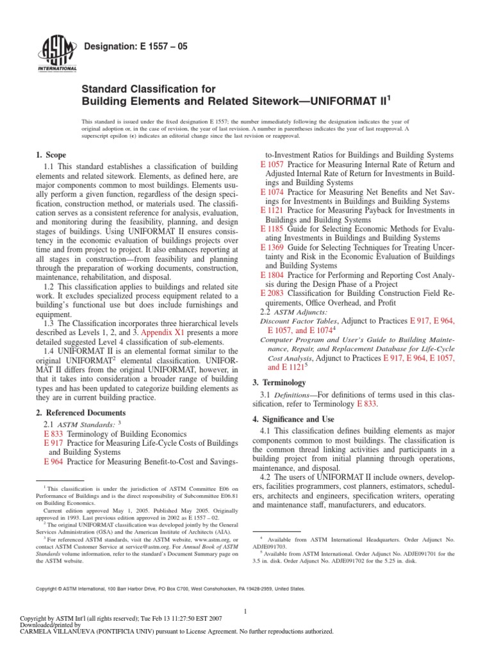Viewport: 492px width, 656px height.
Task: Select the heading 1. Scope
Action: click(x=51, y=155)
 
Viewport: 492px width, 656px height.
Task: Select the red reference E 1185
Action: click(x=272, y=228)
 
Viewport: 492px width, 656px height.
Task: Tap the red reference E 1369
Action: click(x=272, y=247)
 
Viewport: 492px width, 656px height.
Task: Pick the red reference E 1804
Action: click(x=272, y=274)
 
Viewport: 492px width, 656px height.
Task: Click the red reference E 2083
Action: click(x=272, y=293)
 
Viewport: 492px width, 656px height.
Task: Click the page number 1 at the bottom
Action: click(x=246, y=611)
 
